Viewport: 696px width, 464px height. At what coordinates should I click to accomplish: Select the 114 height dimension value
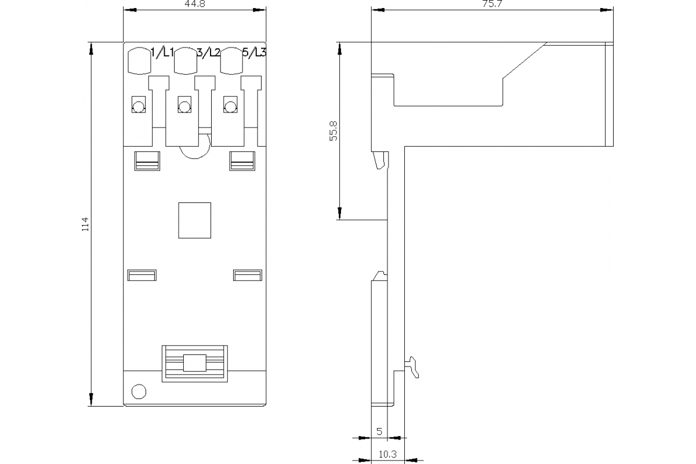[x=85, y=224]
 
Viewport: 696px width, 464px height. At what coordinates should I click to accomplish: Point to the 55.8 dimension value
[x=333, y=132]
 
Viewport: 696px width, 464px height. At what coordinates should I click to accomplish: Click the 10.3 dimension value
[x=387, y=455]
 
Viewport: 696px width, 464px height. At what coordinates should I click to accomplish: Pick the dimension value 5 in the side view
[x=379, y=432]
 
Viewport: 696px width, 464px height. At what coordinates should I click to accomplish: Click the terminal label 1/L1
[x=162, y=53]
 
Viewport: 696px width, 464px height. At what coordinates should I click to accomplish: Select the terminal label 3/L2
[x=209, y=53]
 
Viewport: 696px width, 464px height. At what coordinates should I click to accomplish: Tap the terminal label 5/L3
[x=254, y=53]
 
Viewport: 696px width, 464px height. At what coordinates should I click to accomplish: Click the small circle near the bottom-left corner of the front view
[x=139, y=391]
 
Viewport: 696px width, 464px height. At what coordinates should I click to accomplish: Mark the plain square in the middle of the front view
[x=194, y=220]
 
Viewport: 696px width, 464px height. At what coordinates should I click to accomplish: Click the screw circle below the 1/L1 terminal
[x=139, y=107]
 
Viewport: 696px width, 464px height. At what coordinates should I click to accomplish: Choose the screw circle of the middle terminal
[x=184, y=107]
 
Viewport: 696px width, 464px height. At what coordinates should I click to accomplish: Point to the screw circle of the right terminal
[x=230, y=107]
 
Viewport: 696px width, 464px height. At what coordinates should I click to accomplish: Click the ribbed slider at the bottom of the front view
[x=194, y=362]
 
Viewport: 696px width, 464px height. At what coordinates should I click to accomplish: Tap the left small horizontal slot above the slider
[x=142, y=275]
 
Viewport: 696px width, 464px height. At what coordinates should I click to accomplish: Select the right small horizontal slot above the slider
[x=248, y=275]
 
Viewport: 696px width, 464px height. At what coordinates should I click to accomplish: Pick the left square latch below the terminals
[x=147, y=161]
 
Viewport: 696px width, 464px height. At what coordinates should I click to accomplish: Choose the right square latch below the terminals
[x=242, y=161]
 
